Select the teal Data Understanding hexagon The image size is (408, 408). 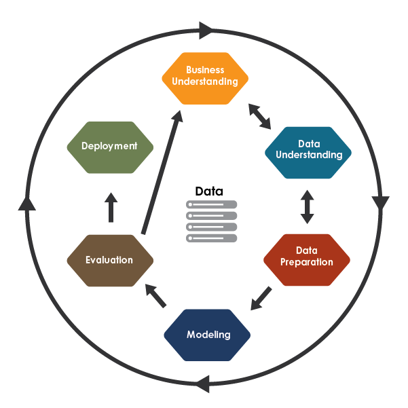308,153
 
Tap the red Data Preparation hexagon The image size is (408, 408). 306,260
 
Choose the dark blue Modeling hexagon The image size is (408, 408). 208,335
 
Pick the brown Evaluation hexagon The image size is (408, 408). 109,260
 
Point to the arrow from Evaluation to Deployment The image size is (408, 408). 111,208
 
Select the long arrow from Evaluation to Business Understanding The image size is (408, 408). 161,174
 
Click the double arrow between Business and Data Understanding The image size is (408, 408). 259,116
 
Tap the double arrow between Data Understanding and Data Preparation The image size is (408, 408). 308,206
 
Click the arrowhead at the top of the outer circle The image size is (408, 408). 206,29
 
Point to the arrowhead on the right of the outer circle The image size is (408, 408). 380,203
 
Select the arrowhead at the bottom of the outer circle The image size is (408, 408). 202,385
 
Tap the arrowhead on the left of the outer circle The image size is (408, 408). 26,202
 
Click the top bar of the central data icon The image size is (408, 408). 212,204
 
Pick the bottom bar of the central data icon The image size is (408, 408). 212,238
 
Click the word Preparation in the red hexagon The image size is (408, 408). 306,262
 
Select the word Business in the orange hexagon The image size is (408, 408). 205,71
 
